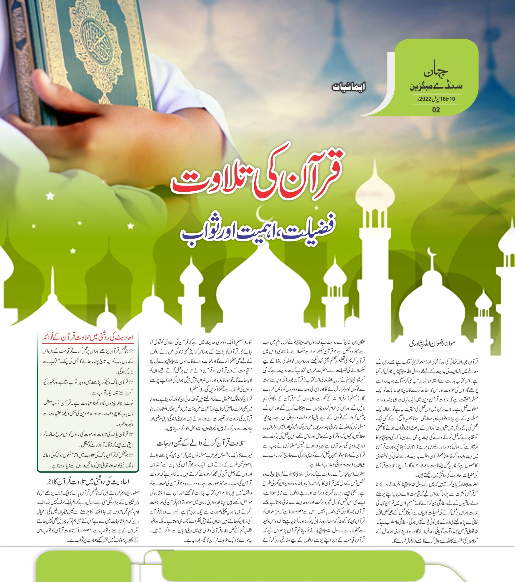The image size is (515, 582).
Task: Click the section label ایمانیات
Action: tap(348, 87)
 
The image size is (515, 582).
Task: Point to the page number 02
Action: tap(436, 110)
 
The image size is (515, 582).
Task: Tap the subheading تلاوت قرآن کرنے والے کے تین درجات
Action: tap(201, 443)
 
